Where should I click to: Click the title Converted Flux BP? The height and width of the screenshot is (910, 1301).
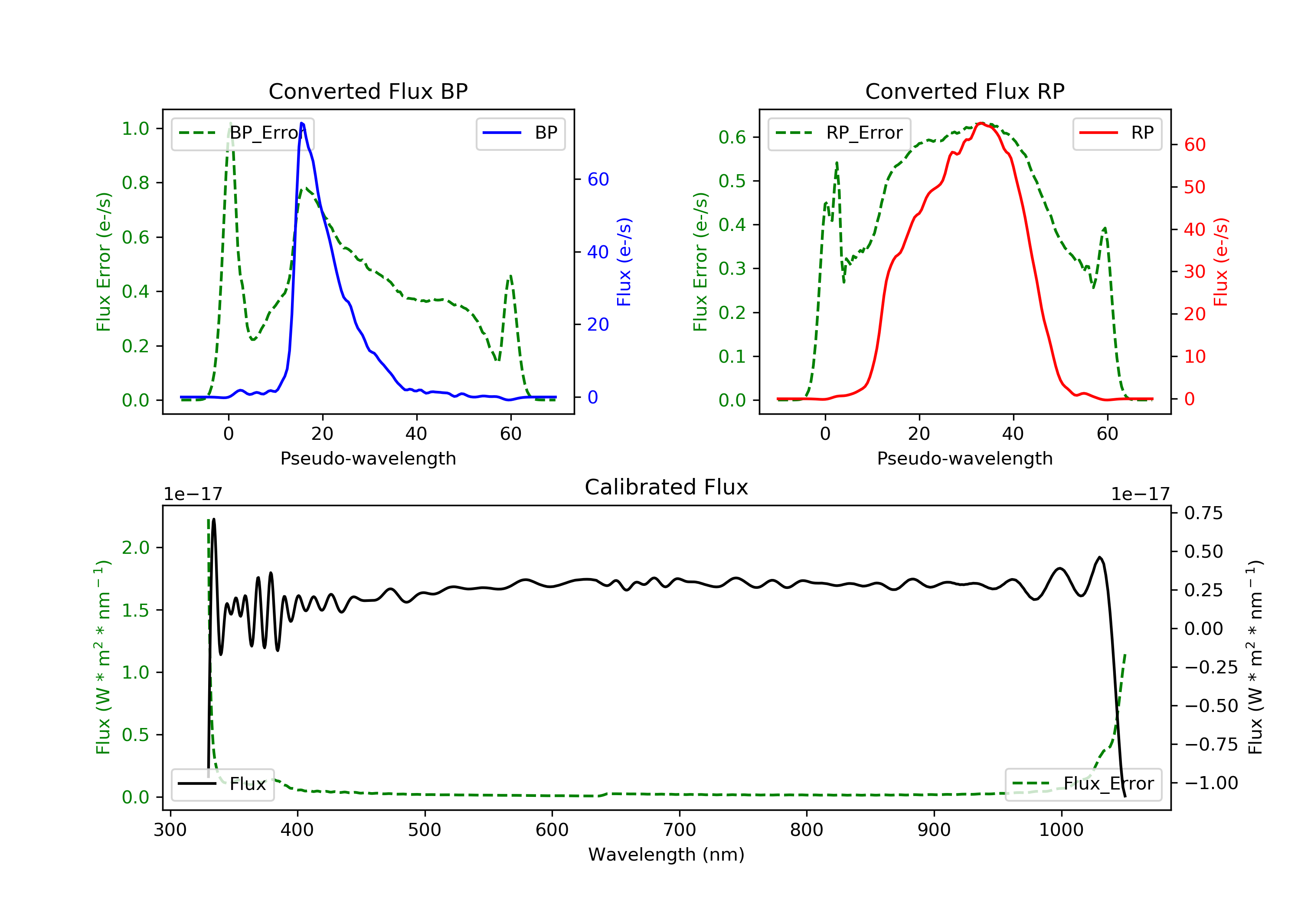click(368, 91)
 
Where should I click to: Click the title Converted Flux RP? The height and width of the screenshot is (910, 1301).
click(964, 91)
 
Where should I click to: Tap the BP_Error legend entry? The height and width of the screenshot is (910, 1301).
click(242, 133)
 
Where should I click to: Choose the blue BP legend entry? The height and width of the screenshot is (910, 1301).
click(520, 133)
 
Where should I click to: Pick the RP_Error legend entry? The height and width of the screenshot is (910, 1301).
click(839, 133)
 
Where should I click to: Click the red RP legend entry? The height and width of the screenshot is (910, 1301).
click(1117, 133)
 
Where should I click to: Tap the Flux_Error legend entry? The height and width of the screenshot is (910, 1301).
click(1083, 784)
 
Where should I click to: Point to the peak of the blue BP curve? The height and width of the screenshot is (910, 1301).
click(301, 123)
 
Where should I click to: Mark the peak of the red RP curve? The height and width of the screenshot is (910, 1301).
click(981, 123)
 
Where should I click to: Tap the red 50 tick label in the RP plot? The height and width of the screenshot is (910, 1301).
click(1194, 188)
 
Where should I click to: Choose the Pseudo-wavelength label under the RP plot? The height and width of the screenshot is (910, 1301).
click(964, 458)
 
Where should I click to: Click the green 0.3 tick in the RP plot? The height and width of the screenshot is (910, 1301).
click(732, 268)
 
